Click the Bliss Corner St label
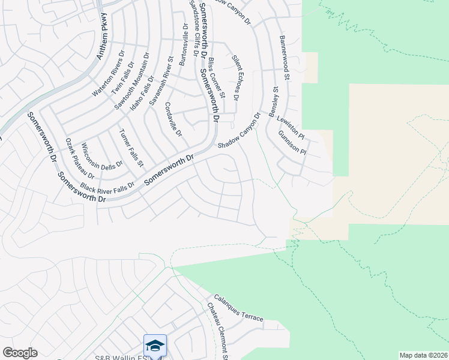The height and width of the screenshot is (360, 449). [217, 78]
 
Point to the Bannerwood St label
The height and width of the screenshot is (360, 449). [285, 58]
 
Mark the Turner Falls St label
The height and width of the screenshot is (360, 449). [131, 148]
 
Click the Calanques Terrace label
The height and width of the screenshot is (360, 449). [238, 308]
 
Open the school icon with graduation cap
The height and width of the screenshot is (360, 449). [155, 346]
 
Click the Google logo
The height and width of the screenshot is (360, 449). [20, 353]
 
